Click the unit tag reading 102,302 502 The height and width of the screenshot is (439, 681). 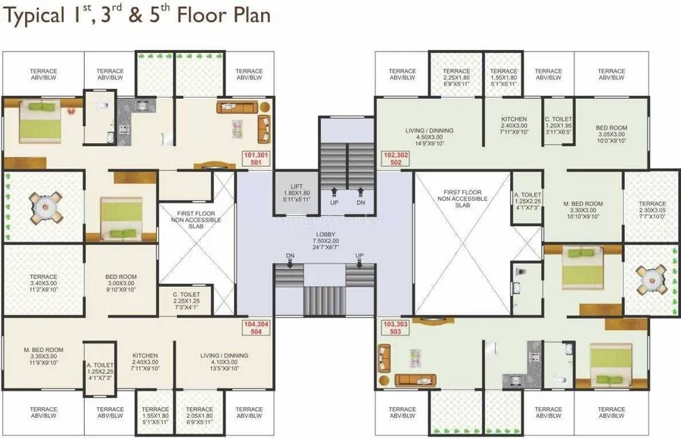[393, 159]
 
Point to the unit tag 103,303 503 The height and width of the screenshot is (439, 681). [393, 327]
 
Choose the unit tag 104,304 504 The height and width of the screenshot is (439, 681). [255, 327]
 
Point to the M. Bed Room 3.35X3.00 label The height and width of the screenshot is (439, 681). [42, 356]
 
